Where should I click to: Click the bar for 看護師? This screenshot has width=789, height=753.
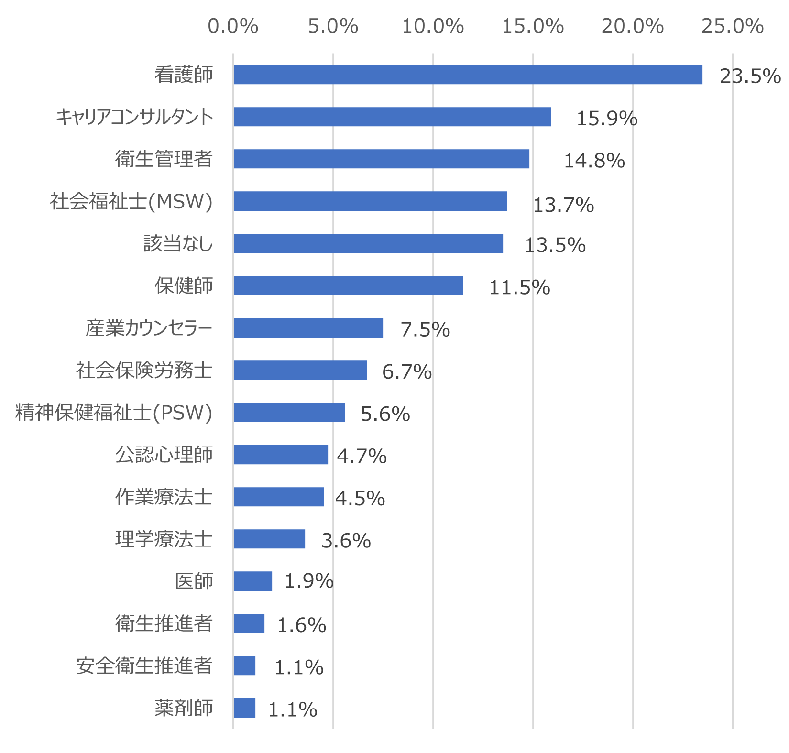468,75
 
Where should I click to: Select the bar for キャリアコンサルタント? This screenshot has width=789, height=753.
392,117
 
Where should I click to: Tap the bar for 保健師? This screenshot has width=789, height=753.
348,285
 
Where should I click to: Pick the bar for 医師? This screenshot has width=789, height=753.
252,581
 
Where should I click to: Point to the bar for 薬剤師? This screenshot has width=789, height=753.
244,708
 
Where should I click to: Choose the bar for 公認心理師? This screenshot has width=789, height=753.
281,455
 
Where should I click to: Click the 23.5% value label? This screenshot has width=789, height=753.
750,76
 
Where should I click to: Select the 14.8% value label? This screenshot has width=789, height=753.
594,161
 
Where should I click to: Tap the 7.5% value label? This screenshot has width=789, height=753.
425,330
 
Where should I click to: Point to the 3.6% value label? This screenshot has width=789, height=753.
346,541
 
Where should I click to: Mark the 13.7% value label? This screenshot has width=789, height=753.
563,206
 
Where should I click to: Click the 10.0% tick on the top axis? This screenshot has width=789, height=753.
433,27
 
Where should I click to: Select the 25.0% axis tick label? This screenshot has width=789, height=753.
732,27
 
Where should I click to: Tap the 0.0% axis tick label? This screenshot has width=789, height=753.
233,27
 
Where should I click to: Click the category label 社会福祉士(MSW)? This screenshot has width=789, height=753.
131,202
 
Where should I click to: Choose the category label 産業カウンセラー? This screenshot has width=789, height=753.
149,328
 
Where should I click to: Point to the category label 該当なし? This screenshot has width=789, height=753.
178,244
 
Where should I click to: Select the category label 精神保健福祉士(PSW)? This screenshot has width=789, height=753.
114,413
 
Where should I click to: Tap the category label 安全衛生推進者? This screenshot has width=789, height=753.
144,666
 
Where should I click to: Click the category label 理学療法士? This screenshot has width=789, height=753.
164,539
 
